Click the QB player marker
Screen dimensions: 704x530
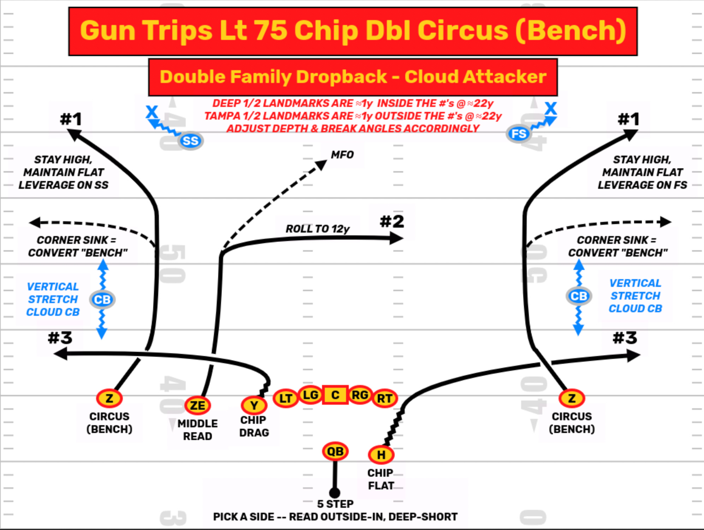(335, 451)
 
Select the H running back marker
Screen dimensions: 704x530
(381, 454)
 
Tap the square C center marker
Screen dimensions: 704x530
(335, 395)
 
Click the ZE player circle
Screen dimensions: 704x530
(197, 405)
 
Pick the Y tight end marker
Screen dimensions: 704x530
(254, 405)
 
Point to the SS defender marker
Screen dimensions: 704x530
(191, 141)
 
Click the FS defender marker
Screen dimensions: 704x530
(519, 134)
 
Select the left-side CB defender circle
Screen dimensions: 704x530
(102, 300)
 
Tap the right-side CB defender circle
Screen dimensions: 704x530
(579, 296)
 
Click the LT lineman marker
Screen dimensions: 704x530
(285, 398)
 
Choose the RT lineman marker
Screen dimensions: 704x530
(384, 398)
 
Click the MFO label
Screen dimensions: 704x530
(342, 155)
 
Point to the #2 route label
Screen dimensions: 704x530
(392, 222)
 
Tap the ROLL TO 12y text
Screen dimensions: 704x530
(317, 229)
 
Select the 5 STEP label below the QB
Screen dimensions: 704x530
(335, 504)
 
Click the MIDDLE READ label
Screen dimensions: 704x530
(197, 429)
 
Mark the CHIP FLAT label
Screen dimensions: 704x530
(381, 479)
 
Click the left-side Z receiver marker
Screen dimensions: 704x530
(109, 398)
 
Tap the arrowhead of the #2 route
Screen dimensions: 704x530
(397, 239)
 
